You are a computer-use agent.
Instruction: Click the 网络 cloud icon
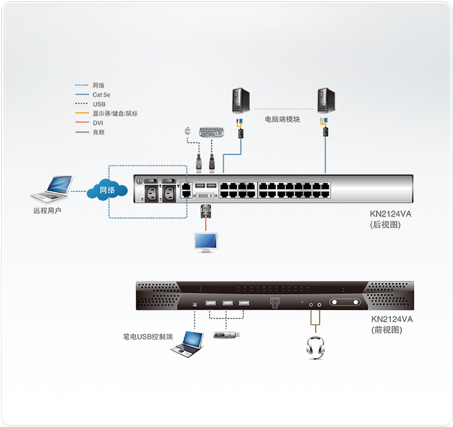107,190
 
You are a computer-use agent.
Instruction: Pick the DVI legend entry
98,123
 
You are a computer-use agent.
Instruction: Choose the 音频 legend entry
98,132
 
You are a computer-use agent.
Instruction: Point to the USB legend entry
98,104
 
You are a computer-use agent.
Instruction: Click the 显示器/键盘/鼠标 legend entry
115,114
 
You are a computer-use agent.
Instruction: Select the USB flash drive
228,335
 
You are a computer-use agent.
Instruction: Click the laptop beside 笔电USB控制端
188,344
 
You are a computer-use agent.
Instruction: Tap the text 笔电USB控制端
148,337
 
